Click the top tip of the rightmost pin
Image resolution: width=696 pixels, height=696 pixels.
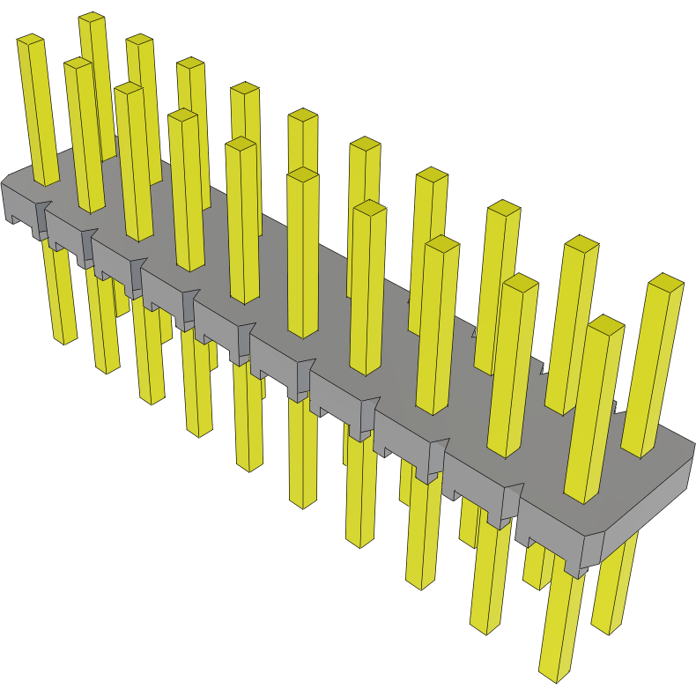(666, 283)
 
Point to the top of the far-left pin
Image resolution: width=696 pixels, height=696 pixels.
(31, 40)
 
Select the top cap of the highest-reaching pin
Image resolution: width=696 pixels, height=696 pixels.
(92, 19)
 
